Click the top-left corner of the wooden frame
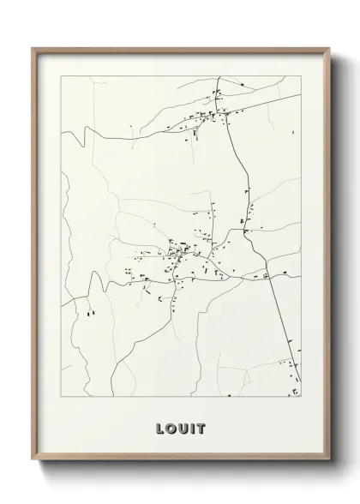(33, 48)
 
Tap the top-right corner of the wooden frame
(329, 48)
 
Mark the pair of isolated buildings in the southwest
(88, 313)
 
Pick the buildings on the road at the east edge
(273, 275)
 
